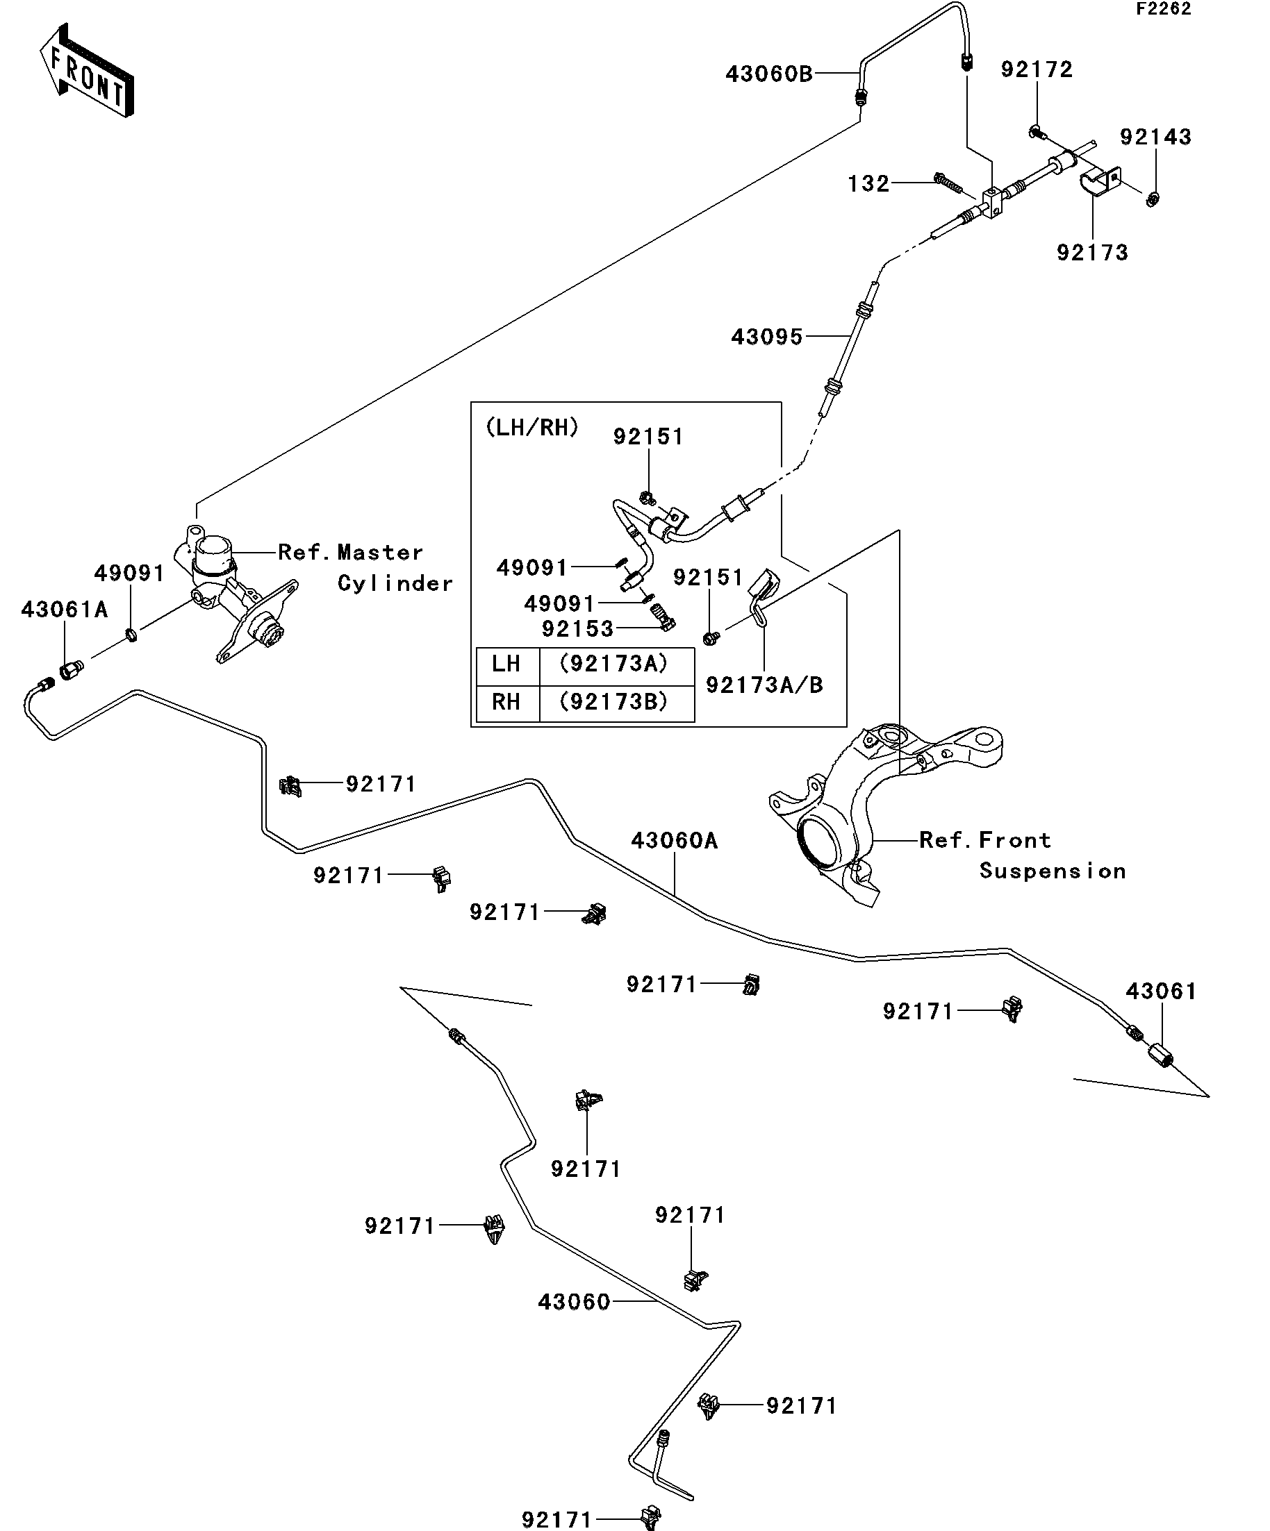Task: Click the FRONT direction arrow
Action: click(x=86, y=71)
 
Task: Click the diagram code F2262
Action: click(x=1163, y=10)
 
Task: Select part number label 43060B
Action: click(x=768, y=74)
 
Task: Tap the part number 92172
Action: click(x=1037, y=69)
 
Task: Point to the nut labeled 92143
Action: click(x=1153, y=198)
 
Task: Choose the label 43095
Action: click(x=767, y=337)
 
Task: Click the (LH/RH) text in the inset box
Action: click(x=531, y=427)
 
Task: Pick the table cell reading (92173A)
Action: click(x=613, y=664)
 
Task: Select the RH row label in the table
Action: click(x=506, y=702)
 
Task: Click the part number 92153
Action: click(x=577, y=628)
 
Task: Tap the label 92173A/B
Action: click(x=764, y=685)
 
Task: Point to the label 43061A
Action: click(x=64, y=610)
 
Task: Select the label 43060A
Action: click(x=674, y=841)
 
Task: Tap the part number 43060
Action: click(x=573, y=1302)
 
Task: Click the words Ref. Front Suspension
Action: click(x=1021, y=855)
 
